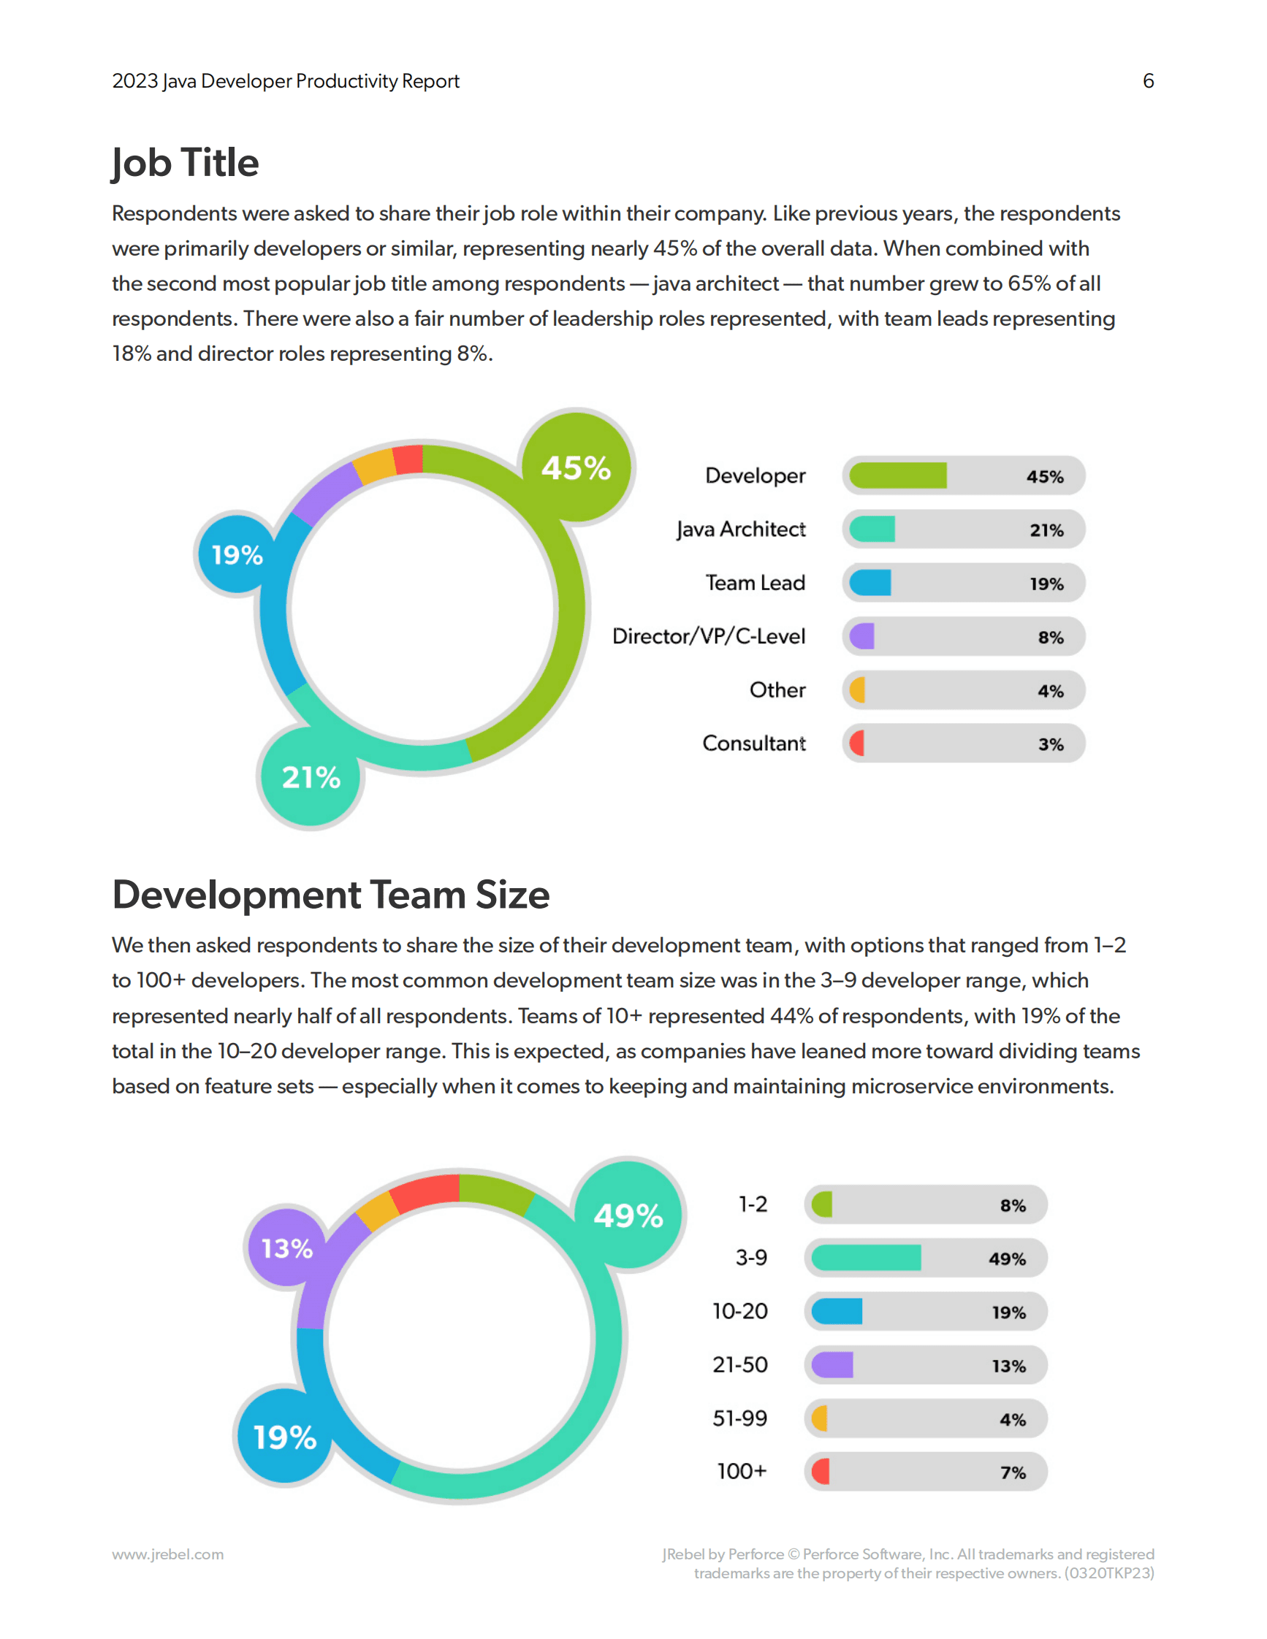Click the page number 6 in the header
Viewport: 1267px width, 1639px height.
click(1148, 81)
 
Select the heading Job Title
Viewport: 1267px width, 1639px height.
click(186, 164)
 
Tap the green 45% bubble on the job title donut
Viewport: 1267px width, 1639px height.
click(577, 467)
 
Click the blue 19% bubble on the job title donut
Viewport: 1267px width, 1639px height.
click(237, 554)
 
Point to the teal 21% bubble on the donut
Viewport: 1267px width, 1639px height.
click(311, 777)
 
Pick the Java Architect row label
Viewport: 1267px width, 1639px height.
click(741, 529)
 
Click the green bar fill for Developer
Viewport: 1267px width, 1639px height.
click(898, 475)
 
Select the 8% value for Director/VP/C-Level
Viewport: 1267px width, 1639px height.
click(1051, 637)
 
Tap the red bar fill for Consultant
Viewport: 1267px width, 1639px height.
click(856, 744)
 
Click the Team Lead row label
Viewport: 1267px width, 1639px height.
click(755, 583)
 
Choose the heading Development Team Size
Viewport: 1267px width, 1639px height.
click(331, 895)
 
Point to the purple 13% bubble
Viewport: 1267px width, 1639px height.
click(286, 1248)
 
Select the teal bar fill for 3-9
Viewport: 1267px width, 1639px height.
click(866, 1258)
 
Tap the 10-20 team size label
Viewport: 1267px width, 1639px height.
click(740, 1311)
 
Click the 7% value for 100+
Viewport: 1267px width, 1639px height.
click(1013, 1472)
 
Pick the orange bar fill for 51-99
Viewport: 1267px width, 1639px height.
click(820, 1418)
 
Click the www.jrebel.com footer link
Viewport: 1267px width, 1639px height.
click(168, 1554)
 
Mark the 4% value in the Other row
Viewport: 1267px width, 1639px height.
click(1051, 691)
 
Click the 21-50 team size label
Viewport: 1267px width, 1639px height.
click(740, 1364)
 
